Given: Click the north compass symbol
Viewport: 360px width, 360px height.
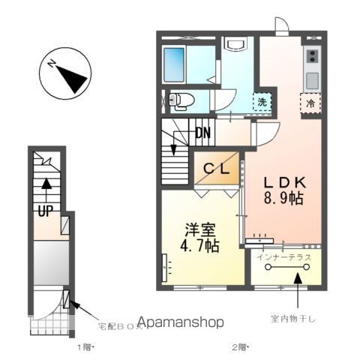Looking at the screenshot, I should pos(65,74).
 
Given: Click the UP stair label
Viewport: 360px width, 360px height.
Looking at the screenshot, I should pos(45,211).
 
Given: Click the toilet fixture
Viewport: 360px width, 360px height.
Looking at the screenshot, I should pos(181,98).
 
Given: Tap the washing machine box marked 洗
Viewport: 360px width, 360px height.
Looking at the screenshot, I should pos(262,101).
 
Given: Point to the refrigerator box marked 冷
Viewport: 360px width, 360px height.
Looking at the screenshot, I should pos(310,101).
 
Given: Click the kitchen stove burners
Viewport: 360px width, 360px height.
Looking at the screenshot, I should pos(311,55).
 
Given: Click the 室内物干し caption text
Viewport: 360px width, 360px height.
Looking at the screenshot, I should pos(295,319).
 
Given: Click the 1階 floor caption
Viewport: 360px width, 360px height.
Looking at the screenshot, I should pos(84,348).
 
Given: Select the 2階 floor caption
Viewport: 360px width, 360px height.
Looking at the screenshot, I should pos(239,348).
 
